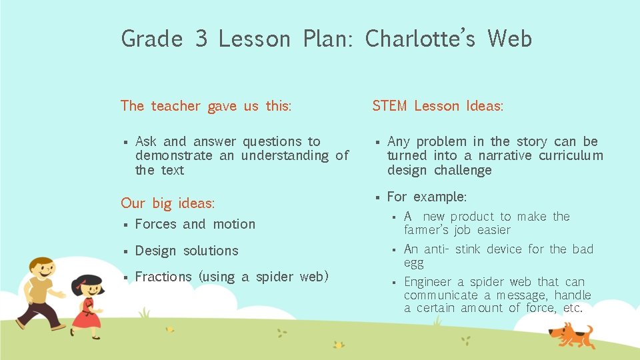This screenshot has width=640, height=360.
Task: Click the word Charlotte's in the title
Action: coord(419,39)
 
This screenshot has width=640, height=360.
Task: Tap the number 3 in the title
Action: coord(201,39)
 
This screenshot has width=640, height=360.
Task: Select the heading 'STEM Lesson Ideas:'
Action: coord(437,106)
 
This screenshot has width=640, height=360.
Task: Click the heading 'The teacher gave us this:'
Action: coord(205,106)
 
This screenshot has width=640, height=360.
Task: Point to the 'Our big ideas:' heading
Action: coord(167,203)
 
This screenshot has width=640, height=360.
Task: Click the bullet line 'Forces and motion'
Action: coord(195,224)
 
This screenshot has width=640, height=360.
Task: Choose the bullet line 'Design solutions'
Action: coord(186,251)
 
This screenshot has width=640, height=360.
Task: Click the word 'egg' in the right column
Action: coord(413,263)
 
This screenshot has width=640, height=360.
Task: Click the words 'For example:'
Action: coord(427,197)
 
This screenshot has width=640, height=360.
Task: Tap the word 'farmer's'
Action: coord(427,230)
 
